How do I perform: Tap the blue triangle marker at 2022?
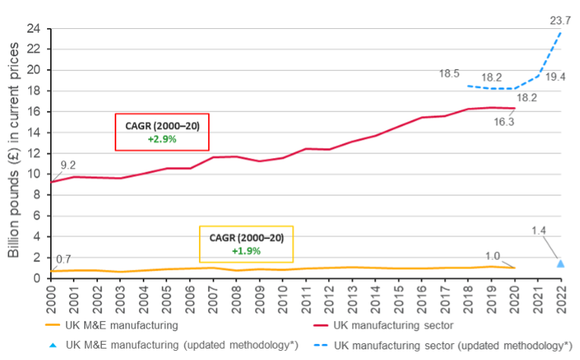(561, 263)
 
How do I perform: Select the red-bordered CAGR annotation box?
(162, 132)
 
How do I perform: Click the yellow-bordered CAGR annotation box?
(246, 244)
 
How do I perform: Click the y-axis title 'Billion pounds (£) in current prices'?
(14, 152)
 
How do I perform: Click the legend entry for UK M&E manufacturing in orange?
(121, 325)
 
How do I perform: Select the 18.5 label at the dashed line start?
(450, 74)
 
